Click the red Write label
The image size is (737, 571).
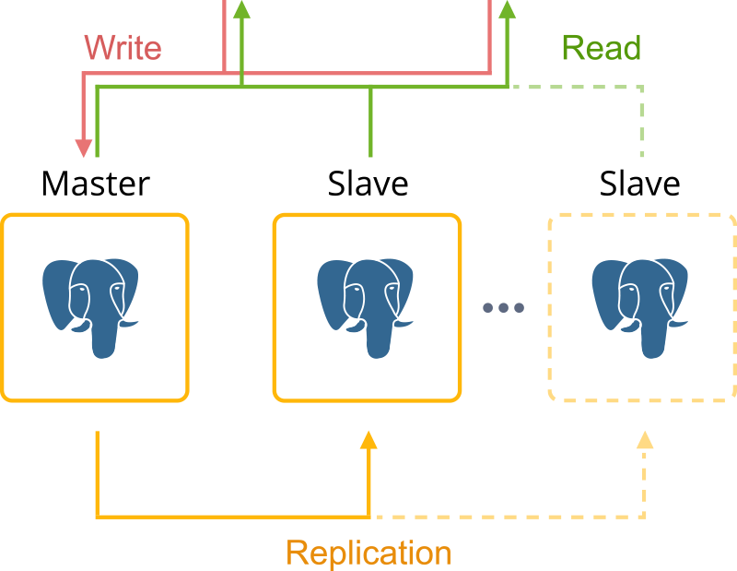(123, 48)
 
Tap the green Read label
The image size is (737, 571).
(602, 48)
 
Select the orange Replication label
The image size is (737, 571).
(369, 553)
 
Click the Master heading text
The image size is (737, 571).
(96, 184)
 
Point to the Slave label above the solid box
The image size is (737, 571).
(368, 184)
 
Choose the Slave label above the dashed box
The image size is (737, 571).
(639, 184)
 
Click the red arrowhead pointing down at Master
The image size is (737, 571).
(84, 148)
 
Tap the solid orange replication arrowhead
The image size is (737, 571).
(369, 440)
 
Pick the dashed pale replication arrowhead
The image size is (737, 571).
(645, 440)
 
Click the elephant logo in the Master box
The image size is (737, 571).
(90, 308)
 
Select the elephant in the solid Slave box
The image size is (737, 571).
(365, 308)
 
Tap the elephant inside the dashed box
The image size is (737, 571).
(639, 308)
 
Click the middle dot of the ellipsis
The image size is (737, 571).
(503, 308)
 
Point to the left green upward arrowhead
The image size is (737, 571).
(241, 9)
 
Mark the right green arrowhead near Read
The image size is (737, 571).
(508, 9)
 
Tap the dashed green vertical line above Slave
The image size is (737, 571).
(642, 122)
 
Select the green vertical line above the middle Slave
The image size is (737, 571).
(370, 122)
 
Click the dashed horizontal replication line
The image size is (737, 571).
(508, 517)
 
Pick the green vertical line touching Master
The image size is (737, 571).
(98, 122)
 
